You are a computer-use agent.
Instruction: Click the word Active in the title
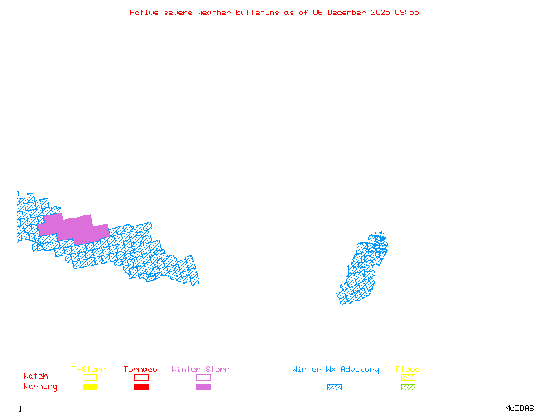[145, 12]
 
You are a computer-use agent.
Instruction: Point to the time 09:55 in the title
[406, 12]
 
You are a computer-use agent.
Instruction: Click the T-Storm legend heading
[89, 370]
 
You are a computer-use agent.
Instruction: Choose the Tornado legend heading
[141, 370]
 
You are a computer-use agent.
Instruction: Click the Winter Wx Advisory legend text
[335, 370]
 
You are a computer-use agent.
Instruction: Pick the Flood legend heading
[408, 370]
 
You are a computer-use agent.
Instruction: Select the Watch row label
[36, 377]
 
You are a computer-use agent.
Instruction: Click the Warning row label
[41, 387]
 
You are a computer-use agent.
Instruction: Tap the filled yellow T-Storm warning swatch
[90, 387]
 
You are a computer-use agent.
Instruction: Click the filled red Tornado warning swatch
[141, 387]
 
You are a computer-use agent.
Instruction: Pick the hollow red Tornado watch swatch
[141, 377]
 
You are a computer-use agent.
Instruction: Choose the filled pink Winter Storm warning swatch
[203, 387]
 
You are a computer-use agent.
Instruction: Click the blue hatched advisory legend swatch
[334, 387]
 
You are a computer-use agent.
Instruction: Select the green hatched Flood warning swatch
[408, 387]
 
